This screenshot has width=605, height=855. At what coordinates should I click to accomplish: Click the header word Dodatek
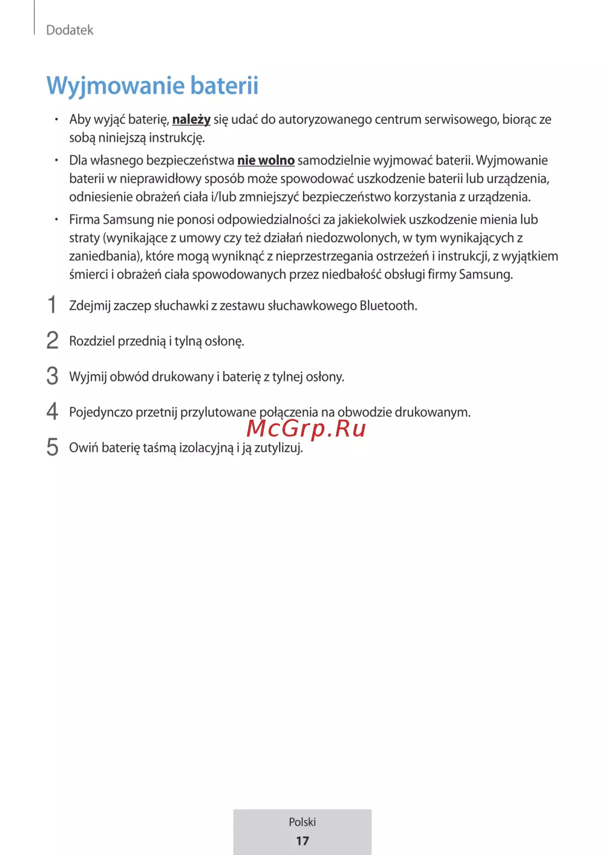click(x=70, y=30)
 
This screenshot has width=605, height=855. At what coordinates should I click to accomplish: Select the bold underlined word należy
click(x=191, y=120)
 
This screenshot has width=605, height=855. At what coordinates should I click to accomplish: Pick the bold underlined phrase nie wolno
click(x=266, y=160)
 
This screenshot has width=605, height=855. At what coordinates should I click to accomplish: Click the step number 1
click(x=52, y=305)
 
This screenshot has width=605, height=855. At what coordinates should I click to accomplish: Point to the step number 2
click(x=53, y=340)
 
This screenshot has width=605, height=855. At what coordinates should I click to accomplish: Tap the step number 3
click(x=53, y=376)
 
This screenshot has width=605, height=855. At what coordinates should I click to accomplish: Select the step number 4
click(x=53, y=412)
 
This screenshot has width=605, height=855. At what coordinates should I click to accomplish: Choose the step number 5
click(x=53, y=447)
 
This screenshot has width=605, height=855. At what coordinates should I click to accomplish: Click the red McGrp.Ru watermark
click(x=306, y=428)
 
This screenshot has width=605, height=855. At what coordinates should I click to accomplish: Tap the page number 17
click(x=302, y=841)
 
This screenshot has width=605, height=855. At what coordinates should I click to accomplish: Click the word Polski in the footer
click(x=302, y=822)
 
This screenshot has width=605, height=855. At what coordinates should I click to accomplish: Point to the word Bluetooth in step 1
click(x=387, y=305)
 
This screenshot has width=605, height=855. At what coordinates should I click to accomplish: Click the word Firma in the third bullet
click(x=84, y=219)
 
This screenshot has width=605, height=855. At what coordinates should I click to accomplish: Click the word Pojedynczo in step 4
click(x=100, y=412)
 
